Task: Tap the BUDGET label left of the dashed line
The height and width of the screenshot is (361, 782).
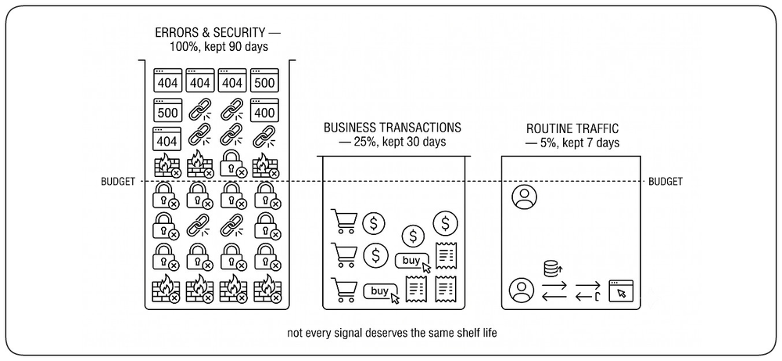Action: pos(118,182)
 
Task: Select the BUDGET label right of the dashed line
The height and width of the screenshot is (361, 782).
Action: pos(665,182)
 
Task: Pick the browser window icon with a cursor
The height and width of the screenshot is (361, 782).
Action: pos(621,291)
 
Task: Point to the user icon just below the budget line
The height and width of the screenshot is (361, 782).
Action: pos(524,197)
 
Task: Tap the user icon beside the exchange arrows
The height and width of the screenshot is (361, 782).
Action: pos(521,290)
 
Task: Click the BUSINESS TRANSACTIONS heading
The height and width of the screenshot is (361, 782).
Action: pos(393,128)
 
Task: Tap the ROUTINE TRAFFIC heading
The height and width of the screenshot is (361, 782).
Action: pos(572,128)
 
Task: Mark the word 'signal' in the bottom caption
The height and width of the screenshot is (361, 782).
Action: pos(359,333)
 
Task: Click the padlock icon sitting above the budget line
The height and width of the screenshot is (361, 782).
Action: pos(233,164)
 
